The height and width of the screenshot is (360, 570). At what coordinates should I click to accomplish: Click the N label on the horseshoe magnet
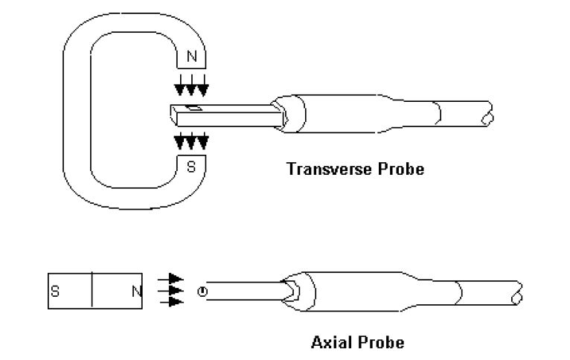click(x=193, y=57)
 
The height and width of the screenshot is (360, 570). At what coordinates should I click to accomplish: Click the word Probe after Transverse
click(x=400, y=169)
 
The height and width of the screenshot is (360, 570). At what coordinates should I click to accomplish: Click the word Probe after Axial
click(x=383, y=343)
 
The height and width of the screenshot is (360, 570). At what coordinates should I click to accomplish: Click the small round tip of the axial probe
click(x=201, y=291)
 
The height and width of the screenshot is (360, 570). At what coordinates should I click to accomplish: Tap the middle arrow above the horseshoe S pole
click(x=192, y=141)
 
